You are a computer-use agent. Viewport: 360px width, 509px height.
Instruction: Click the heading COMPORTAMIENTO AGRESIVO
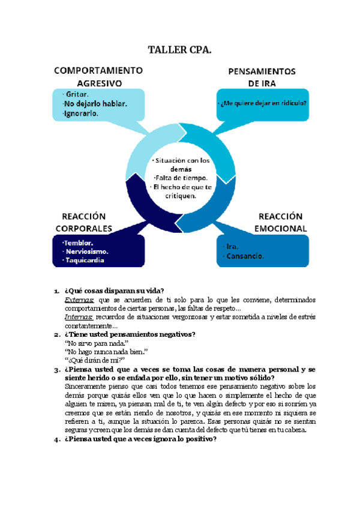99,76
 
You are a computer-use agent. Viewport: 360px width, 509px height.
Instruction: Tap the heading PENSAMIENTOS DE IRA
261,77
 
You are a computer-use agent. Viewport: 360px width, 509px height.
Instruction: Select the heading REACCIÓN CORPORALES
84,222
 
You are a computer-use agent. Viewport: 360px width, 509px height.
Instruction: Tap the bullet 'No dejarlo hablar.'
95,104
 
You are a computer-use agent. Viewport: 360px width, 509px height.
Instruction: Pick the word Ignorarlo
80,113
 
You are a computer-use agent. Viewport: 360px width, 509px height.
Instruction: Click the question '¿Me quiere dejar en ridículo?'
263,103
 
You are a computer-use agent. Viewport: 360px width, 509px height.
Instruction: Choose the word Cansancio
245,256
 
